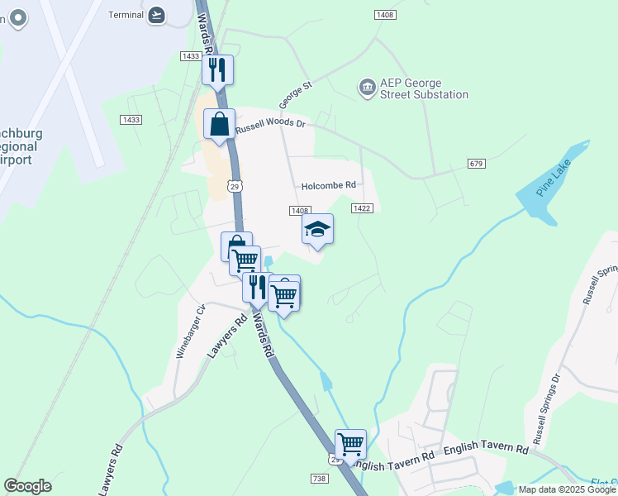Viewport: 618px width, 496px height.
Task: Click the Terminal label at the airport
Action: [x=126, y=14]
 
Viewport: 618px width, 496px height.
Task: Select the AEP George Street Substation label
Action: [x=424, y=88]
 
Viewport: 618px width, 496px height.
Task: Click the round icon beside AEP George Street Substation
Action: [x=367, y=86]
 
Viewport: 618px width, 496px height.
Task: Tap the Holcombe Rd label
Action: [x=328, y=185]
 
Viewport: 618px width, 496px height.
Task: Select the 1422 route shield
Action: [x=361, y=207]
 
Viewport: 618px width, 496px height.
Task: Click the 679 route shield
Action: [x=475, y=164]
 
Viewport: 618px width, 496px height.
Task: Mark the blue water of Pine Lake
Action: [x=539, y=203]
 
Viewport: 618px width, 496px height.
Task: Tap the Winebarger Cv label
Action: [x=190, y=331]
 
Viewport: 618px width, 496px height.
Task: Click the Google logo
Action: [x=27, y=486]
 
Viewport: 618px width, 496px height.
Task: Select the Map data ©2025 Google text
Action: [x=566, y=489]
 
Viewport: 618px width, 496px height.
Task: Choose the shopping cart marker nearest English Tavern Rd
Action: [x=350, y=444]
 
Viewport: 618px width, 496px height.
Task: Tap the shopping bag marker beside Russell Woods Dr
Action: [x=219, y=125]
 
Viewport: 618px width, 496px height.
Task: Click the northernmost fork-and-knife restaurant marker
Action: [x=218, y=69]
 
